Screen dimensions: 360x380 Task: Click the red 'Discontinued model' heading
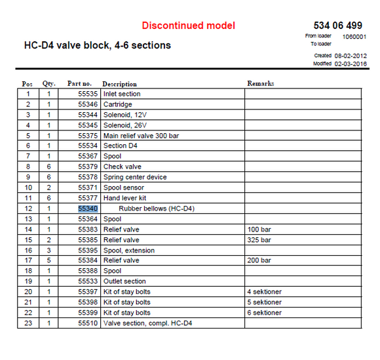(x=188, y=26)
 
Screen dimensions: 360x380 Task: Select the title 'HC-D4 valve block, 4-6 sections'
(x=97, y=45)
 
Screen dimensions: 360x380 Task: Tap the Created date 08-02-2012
(x=351, y=56)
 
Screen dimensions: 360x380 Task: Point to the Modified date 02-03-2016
(x=351, y=64)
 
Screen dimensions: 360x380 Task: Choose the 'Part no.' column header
(x=79, y=84)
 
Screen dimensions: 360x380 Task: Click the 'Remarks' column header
(x=260, y=84)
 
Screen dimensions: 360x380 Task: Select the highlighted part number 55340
(x=88, y=209)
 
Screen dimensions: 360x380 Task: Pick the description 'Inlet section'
(x=122, y=94)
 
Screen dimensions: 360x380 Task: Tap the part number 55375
(x=88, y=135)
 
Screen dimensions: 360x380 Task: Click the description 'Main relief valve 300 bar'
(x=141, y=135)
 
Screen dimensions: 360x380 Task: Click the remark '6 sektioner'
(x=264, y=312)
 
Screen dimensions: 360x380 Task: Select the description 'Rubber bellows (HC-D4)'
(x=157, y=209)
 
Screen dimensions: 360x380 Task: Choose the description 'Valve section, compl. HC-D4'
(x=147, y=323)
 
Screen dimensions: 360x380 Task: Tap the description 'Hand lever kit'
(x=124, y=198)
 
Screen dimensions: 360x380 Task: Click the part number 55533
(x=88, y=281)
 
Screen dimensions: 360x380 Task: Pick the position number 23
(x=28, y=323)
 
